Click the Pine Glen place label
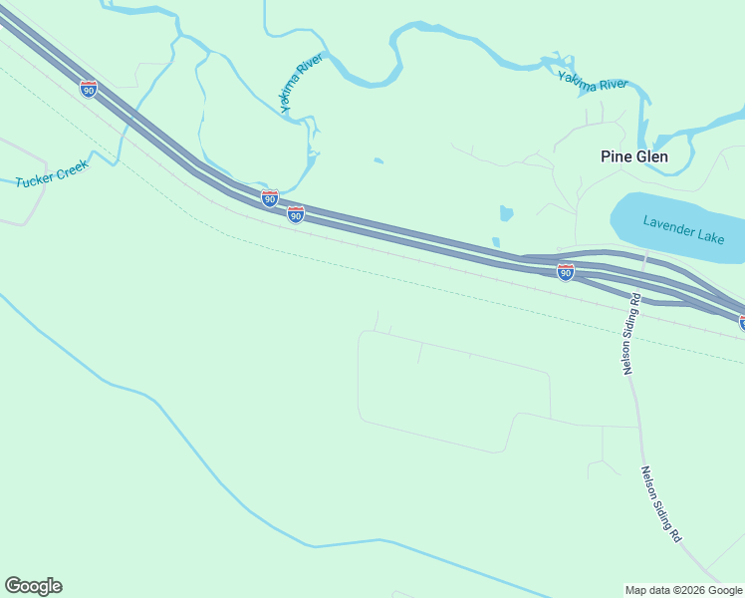634,156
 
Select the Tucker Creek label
53,172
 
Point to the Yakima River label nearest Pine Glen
593,83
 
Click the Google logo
33,586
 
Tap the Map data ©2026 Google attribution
683,590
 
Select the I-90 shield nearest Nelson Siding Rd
565,272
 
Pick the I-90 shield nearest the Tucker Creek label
89,89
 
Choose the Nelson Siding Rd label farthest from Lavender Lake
661,504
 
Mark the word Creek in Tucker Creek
72,166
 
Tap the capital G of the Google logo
13,586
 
